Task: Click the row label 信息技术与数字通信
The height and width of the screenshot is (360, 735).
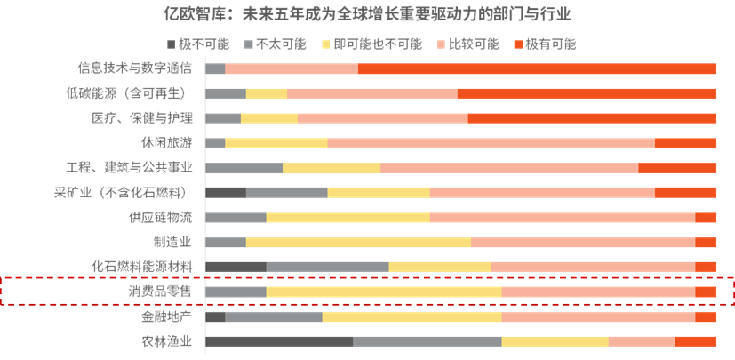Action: click(135, 68)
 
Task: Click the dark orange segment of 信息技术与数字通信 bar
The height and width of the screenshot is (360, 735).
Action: click(537, 68)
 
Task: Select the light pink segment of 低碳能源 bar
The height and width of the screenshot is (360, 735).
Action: click(372, 93)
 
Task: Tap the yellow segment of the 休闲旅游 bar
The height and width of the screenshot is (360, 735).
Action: click(276, 143)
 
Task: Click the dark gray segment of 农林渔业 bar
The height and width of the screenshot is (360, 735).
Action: click(278, 341)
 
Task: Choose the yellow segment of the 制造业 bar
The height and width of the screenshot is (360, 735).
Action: click(358, 242)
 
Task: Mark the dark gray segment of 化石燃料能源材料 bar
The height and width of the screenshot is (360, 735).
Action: click(236, 267)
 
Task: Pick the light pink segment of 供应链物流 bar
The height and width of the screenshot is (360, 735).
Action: click(562, 217)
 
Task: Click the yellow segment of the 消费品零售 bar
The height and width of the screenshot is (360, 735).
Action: click(383, 292)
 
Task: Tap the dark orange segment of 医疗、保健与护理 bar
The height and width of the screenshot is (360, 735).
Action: click(592, 118)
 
